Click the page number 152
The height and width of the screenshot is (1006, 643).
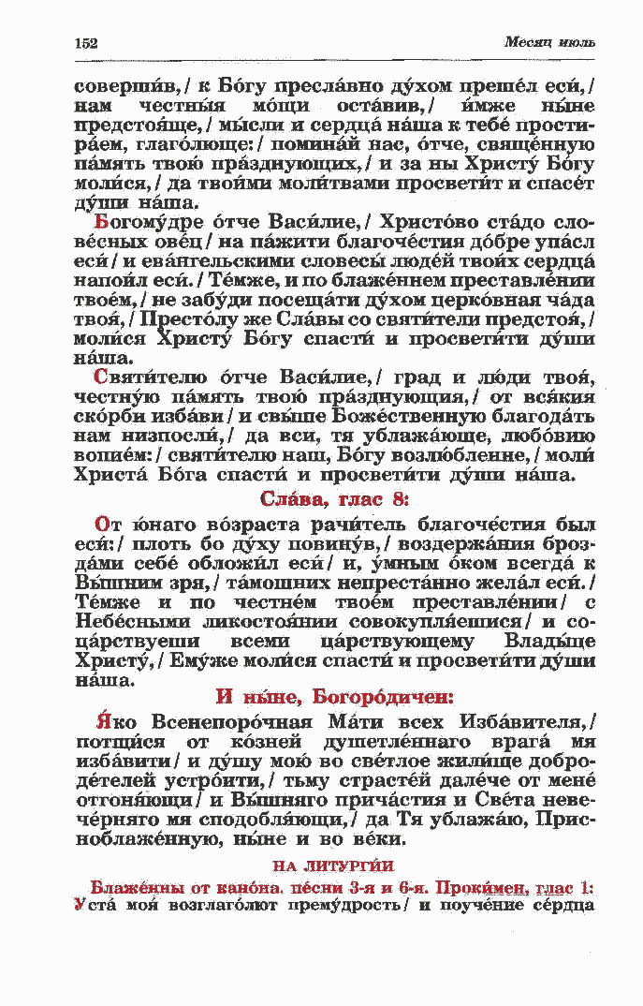click(86, 42)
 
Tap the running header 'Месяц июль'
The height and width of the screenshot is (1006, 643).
click(549, 42)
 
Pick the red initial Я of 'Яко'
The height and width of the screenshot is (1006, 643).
click(103, 722)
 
